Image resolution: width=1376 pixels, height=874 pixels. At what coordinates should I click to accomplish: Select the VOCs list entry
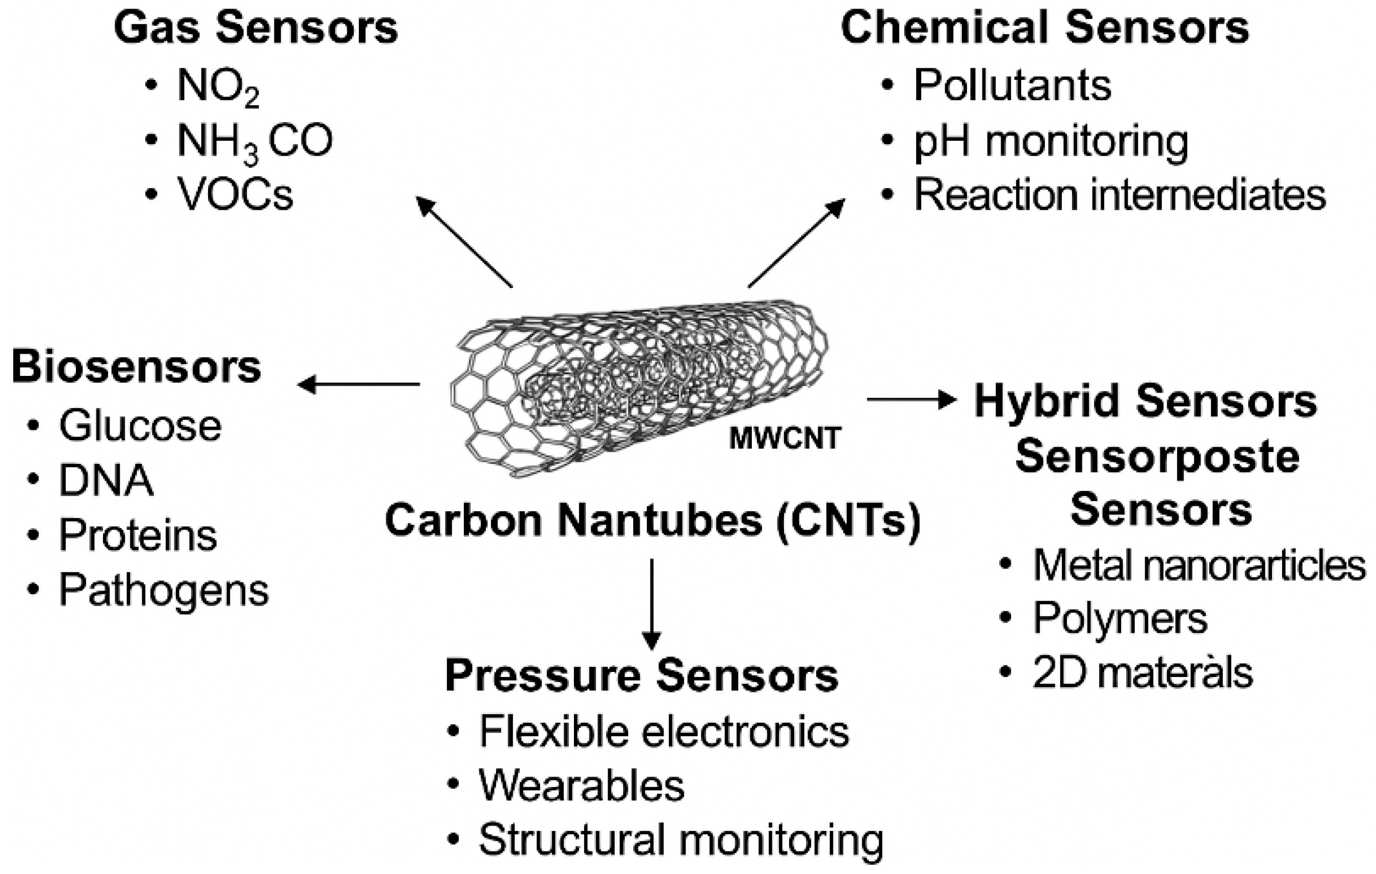click(x=235, y=195)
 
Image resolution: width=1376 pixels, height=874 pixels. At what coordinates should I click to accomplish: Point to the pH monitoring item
click(x=1050, y=142)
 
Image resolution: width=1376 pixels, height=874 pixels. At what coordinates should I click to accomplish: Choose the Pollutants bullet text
click(x=1012, y=86)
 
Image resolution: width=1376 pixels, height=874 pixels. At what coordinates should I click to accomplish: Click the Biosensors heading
click(x=136, y=367)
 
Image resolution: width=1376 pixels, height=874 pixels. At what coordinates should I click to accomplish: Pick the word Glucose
click(x=140, y=426)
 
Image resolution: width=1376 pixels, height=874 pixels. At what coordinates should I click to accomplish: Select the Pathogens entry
click(x=163, y=590)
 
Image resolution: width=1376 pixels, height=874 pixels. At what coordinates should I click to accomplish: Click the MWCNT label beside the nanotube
click(x=784, y=438)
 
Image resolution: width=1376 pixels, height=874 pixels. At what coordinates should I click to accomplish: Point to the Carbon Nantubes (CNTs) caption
click(x=653, y=520)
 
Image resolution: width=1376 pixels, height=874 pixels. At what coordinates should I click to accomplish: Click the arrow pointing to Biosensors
click(x=359, y=384)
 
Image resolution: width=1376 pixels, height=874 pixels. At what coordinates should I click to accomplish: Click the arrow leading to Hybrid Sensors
click(x=912, y=400)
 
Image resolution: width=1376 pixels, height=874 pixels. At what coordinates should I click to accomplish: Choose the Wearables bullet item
click(x=581, y=786)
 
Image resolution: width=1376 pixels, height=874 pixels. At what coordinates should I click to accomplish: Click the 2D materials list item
click(x=1142, y=673)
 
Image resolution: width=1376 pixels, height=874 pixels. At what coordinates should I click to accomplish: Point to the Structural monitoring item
click(x=680, y=839)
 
